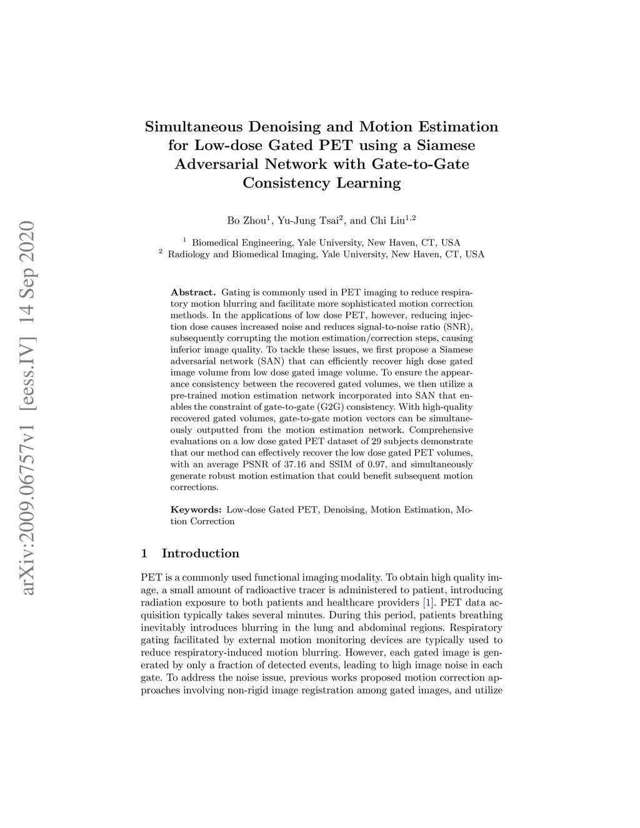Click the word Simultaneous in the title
coord(193,127)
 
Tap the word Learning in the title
coord(368,183)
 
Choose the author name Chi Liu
coord(387,221)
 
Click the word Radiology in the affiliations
coord(189,254)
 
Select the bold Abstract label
coord(193,292)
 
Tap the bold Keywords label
coord(196,510)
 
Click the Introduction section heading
coord(200,553)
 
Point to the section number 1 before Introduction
coord(144,553)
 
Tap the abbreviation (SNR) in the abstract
coord(458,327)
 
